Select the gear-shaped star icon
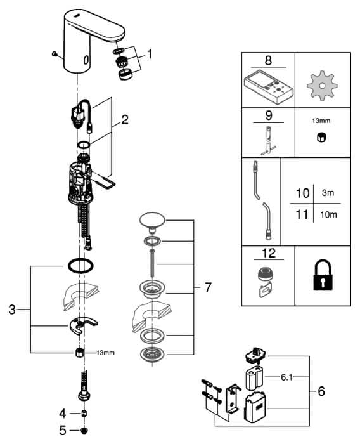[x=322, y=86]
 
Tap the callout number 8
[x=268, y=60]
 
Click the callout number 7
[x=208, y=287]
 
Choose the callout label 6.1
[x=286, y=377]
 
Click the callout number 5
[x=63, y=431]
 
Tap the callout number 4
[x=63, y=414]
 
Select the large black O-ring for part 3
[x=80, y=266]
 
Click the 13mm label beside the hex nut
[x=105, y=353]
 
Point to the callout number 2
[x=124, y=120]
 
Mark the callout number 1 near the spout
[x=150, y=54]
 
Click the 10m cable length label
[x=328, y=214]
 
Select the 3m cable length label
[x=328, y=193]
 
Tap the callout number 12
[x=268, y=253]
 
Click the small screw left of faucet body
[x=55, y=54]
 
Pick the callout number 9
[x=269, y=115]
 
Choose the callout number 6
[x=321, y=391]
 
